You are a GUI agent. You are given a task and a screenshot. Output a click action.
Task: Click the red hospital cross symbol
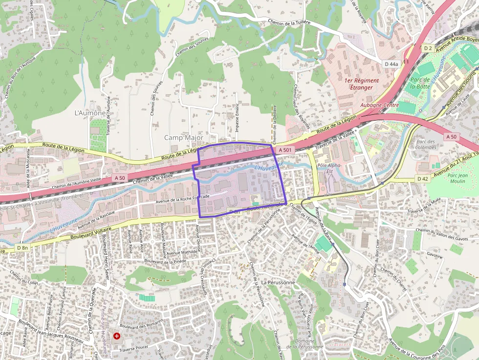117,336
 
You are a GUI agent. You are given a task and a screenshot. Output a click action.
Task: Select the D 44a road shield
392,64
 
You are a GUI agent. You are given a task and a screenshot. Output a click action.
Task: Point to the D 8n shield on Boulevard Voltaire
22,248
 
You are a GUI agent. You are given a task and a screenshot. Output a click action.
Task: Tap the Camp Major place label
183,138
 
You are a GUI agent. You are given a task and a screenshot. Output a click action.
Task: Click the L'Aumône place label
89,113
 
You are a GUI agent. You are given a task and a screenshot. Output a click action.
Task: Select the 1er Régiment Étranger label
361,84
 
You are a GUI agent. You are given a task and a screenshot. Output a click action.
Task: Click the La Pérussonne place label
278,282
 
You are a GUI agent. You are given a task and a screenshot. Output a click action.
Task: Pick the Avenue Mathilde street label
181,253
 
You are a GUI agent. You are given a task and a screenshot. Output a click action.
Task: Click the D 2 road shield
428,48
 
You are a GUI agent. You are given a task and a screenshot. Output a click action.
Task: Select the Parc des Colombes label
426,144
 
